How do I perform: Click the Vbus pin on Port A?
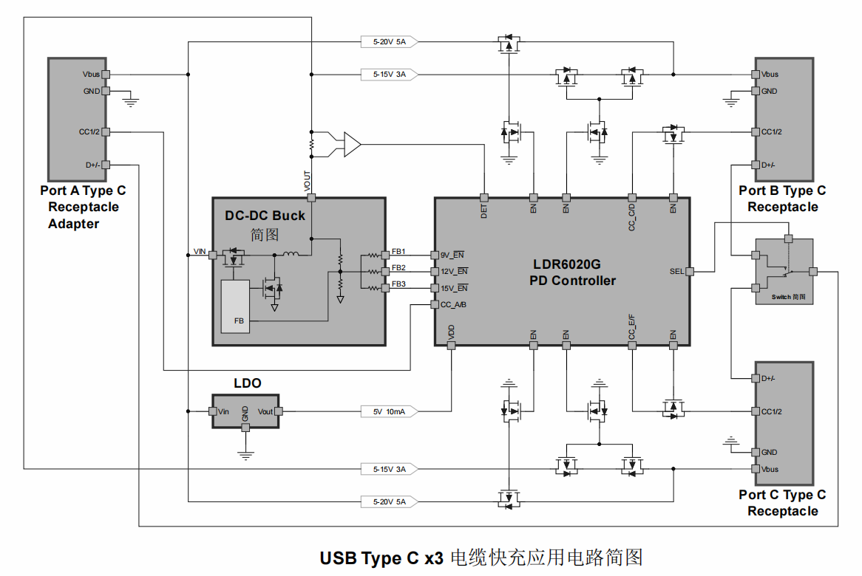105,75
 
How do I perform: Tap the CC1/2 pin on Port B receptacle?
756,132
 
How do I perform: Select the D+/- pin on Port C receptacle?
756,378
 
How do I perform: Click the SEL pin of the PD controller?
689,272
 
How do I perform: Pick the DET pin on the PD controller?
483,198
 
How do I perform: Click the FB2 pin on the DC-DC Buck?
385,272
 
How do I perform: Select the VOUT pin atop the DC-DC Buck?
311,198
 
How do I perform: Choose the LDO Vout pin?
279,411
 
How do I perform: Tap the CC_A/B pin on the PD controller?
435,305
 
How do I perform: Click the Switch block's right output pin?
812,272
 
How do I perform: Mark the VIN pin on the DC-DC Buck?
213,255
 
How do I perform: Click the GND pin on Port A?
105,92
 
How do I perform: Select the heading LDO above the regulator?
247,383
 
